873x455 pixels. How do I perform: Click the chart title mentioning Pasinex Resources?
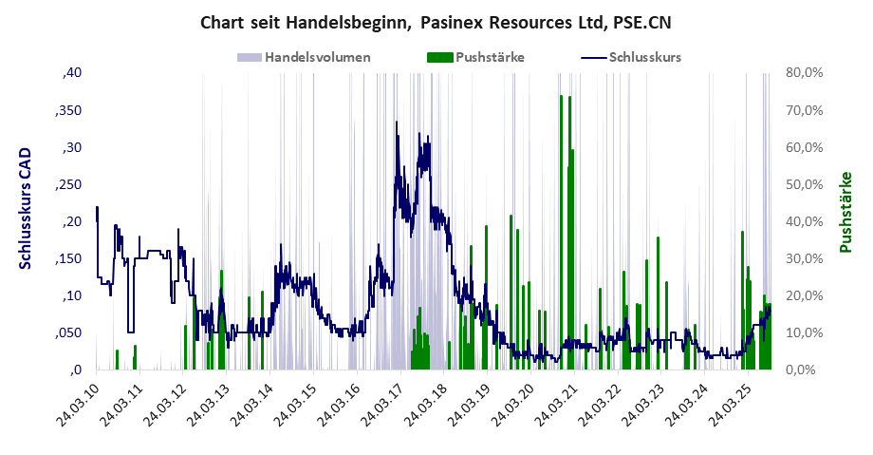436,21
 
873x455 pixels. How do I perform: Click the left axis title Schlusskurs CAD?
26,208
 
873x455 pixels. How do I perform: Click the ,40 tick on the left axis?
72,73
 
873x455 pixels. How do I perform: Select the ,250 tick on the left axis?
66,184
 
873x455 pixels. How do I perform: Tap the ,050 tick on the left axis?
66,332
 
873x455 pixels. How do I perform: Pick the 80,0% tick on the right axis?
805,73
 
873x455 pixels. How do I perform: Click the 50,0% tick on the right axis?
805,184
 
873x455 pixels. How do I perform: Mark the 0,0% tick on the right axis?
808,370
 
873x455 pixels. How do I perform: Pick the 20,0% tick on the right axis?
805,295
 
